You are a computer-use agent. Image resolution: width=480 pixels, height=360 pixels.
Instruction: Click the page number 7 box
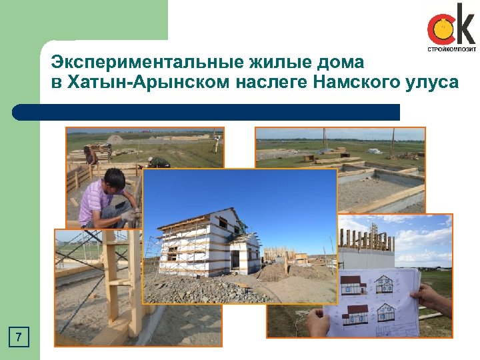[20, 337]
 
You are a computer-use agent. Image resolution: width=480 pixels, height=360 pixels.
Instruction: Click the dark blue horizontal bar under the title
[207, 112]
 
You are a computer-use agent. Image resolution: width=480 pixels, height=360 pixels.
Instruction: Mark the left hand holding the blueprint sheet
[319, 323]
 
